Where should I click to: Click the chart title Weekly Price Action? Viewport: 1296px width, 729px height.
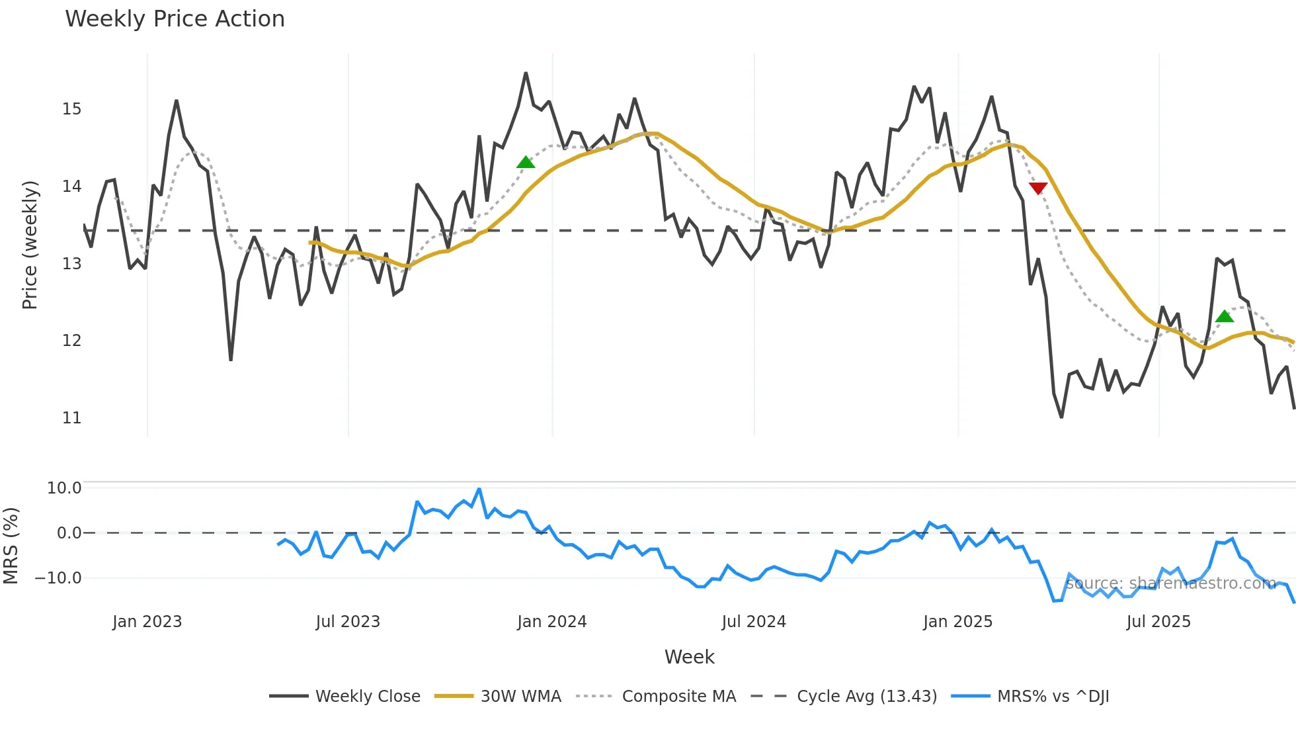click(175, 19)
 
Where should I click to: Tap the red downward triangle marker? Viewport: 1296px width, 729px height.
click(1038, 189)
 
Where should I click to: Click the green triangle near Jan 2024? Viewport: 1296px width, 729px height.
click(526, 163)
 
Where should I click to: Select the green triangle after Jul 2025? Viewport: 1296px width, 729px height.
click(1225, 316)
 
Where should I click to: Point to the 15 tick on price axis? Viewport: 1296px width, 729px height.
click(72, 109)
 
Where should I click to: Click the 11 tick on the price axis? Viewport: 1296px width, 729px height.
click(72, 418)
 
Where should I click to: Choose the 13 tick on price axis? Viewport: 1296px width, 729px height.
click(72, 264)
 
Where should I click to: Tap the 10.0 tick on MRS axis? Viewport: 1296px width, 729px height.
click(64, 488)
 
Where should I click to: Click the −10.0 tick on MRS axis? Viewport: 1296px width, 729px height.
click(58, 578)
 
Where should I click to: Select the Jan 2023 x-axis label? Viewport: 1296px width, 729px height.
click(147, 622)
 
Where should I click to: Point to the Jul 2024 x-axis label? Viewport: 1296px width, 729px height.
click(754, 622)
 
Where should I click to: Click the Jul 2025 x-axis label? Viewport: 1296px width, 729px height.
click(1158, 622)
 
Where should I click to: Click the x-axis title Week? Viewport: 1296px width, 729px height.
click(689, 657)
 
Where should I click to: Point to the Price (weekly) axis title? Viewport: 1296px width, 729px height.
click(30, 245)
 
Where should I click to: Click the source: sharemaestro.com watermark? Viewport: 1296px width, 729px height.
click(1170, 583)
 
